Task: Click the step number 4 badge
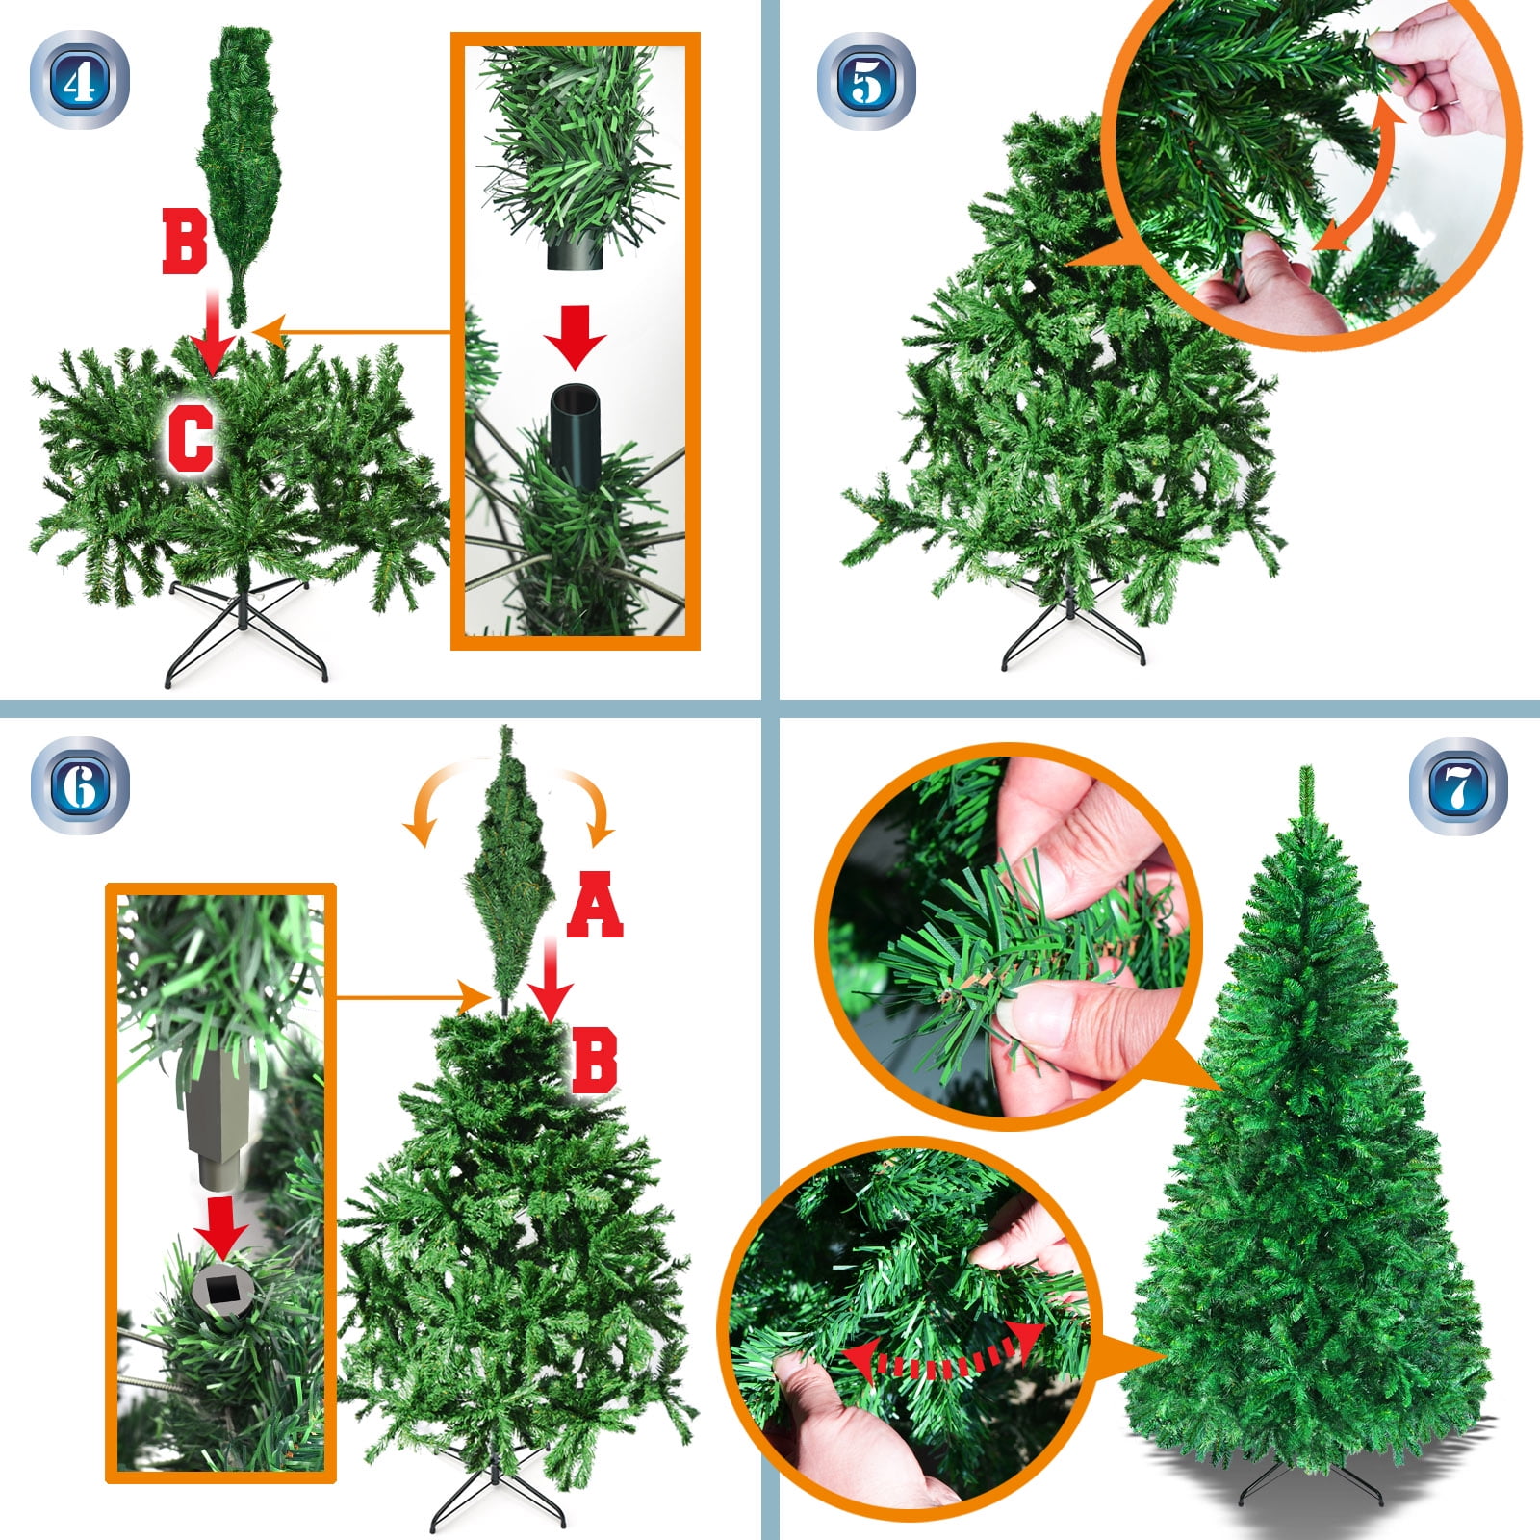point(80,80)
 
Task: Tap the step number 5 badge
point(866,81)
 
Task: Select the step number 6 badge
point(80,785)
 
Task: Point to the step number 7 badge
point(1458,785)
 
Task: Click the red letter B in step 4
point(185,243)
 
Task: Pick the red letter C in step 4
point(191,438)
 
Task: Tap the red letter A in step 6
point(595,904)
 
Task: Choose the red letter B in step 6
point(595,1061)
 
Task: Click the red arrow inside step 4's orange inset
point(575,338)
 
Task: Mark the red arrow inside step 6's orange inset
point(221,1227)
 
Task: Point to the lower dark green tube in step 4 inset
point(576,438)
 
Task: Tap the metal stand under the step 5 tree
point(1072,626)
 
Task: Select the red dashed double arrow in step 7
point(944,1360)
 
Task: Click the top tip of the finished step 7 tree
point(1306,767)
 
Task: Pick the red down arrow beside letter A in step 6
point(552,977)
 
